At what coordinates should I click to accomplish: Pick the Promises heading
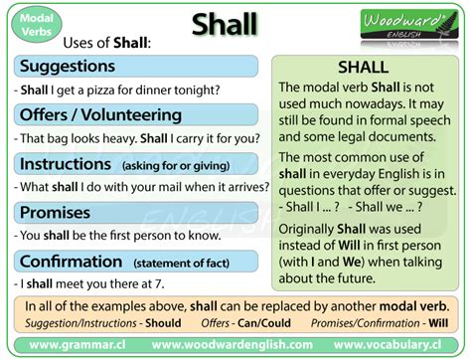click(x=58, y=212)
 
